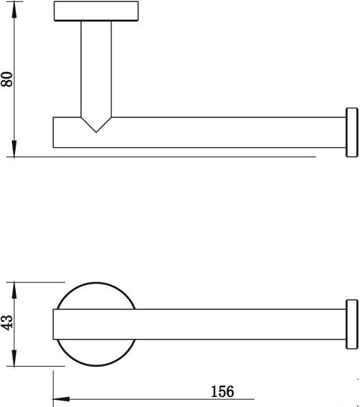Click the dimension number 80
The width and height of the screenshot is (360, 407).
[7, 79]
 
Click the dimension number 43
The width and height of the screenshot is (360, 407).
[7, 323]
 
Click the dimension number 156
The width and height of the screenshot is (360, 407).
[222, 391]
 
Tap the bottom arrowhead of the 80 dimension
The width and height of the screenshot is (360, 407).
[14, 148]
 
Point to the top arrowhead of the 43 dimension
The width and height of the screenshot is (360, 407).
[14, 290]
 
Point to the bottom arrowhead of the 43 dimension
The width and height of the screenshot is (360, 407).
[14, 358]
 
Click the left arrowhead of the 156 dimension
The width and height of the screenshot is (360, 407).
[61, 399]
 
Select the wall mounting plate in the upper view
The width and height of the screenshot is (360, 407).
[96, 11]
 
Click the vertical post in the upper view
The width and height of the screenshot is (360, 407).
[96, 73]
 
